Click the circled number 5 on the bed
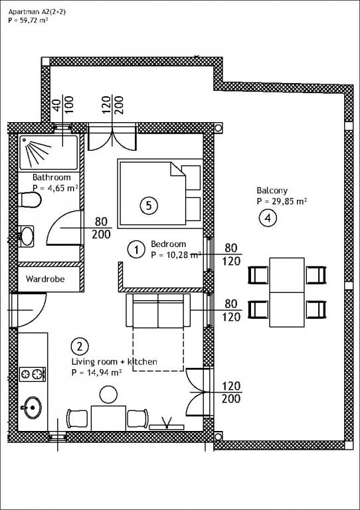tap(149, 205)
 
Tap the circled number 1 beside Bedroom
tap(136, 250)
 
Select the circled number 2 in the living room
tap(80, 347)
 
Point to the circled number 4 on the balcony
tap(268, 218)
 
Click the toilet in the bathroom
tap(30, 200)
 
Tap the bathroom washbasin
tap(26, 236)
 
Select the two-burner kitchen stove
tap(33, 374)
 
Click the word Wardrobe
tap(45, 279)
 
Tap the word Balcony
tap(272, 191)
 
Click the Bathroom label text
tap(52, 177)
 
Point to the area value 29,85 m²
tap(286, 201)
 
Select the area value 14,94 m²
tap(101, 372)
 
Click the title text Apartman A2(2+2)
tap(37, 12)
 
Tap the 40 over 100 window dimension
tap(63, 104)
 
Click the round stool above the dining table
tap(108, 394)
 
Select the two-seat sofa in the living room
tap(158, 310)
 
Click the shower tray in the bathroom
tap(48, 153)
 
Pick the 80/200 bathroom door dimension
tap(101, 228)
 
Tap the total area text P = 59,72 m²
tap(29, 20)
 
